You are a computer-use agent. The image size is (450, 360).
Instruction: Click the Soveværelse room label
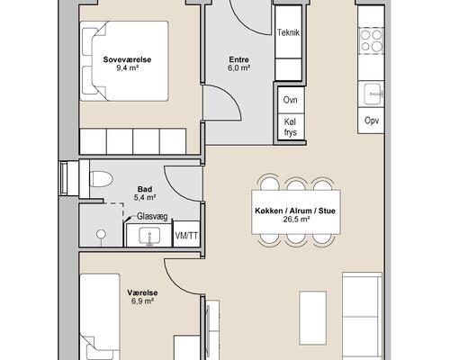pos(127,59)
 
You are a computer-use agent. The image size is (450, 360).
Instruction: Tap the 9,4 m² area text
pos(127,68)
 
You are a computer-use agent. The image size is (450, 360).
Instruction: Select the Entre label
pos(239,59)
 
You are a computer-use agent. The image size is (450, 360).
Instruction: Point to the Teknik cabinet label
pos(288,32)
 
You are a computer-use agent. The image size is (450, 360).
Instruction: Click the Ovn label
pos(290,100)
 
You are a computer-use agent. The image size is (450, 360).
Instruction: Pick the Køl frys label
pos(290,127)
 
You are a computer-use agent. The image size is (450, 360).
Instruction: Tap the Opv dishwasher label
pos(372,121)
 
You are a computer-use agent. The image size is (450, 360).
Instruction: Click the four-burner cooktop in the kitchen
pos(371,40)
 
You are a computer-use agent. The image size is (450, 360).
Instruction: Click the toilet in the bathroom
pos(101,179)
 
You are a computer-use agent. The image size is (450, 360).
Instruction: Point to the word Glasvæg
pos(152,216)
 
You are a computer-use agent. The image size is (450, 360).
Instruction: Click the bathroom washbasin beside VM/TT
pos(149,235)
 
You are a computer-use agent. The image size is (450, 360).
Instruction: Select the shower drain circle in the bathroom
pos(101,234)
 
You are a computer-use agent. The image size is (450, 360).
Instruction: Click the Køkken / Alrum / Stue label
pos(295,211)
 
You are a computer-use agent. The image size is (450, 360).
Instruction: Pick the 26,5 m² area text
pos(295,220)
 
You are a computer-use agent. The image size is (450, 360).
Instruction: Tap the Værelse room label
pos(142,292)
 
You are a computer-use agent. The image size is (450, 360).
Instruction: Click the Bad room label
pos(145,189)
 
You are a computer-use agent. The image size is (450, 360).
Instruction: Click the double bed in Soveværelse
pos(124,61)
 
